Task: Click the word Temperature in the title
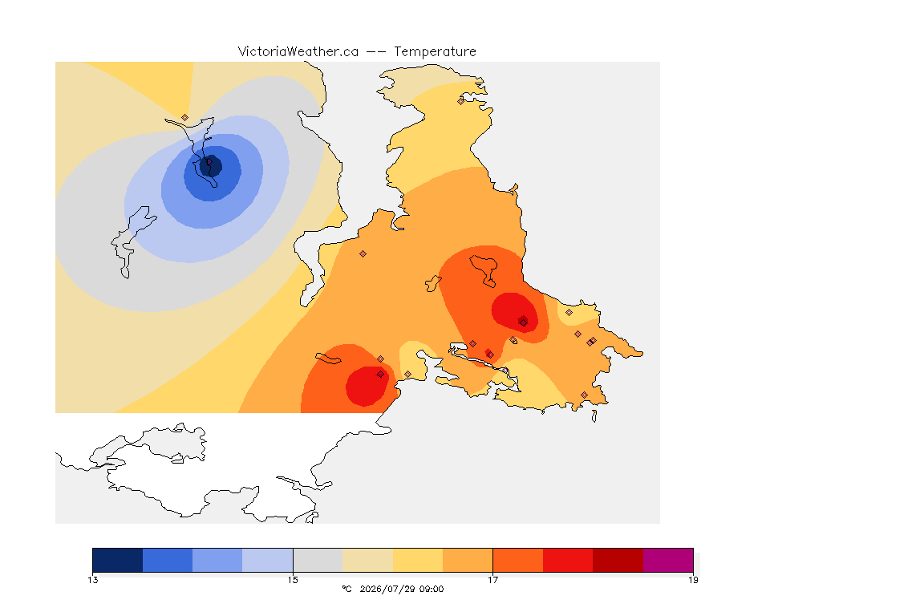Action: [435, 52]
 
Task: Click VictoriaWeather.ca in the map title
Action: [298, 52]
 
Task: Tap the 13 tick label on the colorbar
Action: [93, 580]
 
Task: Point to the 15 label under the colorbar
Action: [293, 580]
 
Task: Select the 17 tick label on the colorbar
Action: [492, 580]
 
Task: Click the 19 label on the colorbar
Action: [693, 580]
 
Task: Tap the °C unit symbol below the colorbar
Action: [346, 589]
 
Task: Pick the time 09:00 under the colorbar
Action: [431, 589]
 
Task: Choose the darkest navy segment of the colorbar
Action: [118, 560]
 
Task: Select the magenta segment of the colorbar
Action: [668, 560]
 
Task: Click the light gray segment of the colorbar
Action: [318, 560]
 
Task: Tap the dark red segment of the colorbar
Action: [618, 560]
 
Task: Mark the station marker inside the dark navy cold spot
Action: [209, 161]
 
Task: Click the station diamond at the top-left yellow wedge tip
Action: [185, 118]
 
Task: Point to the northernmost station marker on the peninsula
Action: [461, 101]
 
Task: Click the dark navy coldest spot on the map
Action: [211, 166]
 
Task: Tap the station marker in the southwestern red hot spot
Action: [381, 375]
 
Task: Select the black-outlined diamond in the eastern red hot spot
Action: [523, 322]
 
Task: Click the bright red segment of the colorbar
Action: [568, 560]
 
